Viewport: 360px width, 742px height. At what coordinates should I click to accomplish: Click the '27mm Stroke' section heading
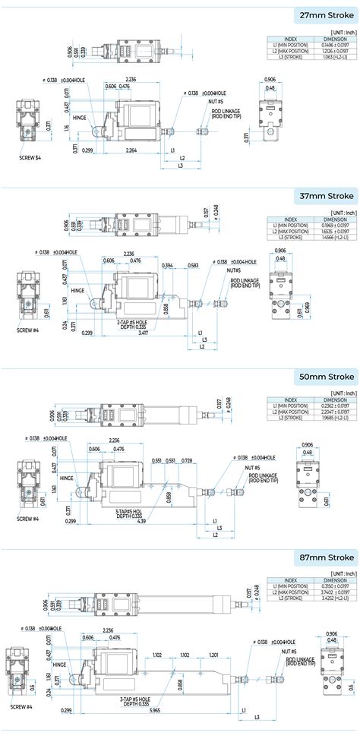tap(327, 14)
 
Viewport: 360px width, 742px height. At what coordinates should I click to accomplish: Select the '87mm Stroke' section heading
tap(327, 557)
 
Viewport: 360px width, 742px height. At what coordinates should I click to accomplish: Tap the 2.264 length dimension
tap(128, 150)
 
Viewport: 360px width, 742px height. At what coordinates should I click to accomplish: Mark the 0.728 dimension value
tap(187, 461)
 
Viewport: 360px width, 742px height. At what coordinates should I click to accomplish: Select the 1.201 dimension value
tap(213, 655)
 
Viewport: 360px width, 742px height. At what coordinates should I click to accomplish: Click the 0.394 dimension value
tap(167, 265)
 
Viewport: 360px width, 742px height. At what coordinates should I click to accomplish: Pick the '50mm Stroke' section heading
tap(327, 376)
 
